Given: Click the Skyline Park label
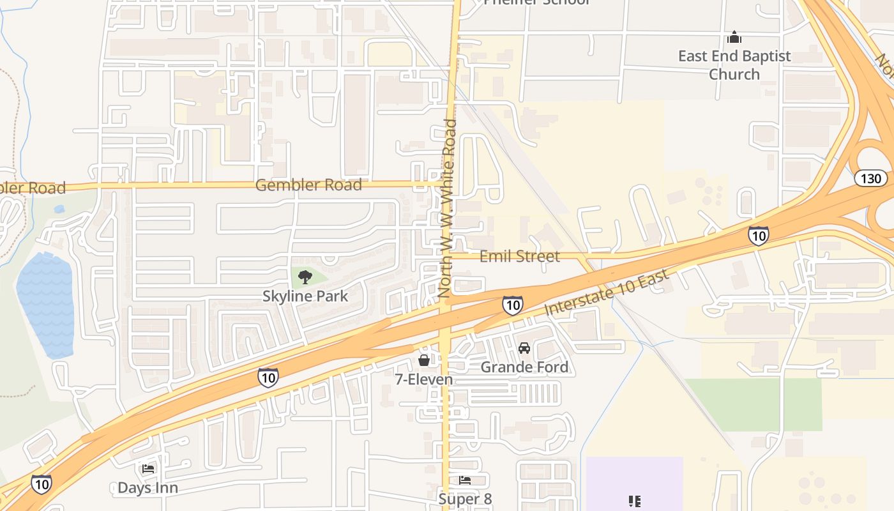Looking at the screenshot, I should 305,296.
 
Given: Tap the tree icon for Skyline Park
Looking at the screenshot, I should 305,277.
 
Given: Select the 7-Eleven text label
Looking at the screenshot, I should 423,379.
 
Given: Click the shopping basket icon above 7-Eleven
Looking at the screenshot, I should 423,360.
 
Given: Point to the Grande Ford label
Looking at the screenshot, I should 524,367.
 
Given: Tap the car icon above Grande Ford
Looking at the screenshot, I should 524,348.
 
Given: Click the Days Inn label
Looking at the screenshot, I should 148,488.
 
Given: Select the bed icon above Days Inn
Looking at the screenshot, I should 148,469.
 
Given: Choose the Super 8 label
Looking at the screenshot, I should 465,499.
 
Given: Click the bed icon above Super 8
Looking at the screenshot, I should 465,480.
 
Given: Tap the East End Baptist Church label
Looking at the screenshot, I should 734,65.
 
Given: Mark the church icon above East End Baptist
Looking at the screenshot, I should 734,37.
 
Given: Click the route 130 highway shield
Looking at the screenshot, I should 870,178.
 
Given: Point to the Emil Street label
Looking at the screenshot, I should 519,256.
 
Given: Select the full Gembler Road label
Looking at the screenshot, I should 308,185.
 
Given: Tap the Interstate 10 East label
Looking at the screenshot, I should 606,292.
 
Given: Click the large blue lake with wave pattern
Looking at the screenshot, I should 45,304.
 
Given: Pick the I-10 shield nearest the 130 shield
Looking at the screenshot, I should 758,236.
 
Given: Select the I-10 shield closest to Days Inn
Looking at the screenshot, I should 41,484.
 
